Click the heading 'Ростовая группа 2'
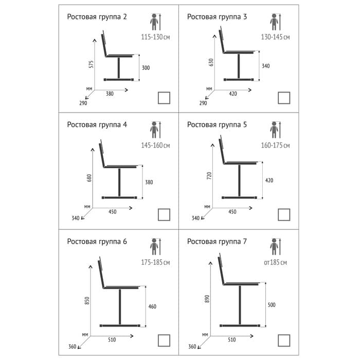(x=97, y=16)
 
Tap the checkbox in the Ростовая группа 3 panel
(x=284, y=98)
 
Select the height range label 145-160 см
(x=155, y=146)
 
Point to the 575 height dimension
(x=91, y=65)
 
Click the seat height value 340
(x=265, y=66)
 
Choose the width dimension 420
(x=232, y=94)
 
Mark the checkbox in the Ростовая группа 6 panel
(x=164, y=340)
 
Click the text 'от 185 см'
(x=275, y=262)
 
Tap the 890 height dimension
(x=207, y=298)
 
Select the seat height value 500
(x=271, y=305)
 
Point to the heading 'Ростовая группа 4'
(x=97, y=124)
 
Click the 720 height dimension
(x=209, y=176)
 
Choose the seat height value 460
(x=152, y=307)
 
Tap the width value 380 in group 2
(x=110, y=94)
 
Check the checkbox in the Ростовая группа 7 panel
(x=284, y=340)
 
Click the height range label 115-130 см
(x=155, y=38)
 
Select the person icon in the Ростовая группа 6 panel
(x=155, y=246)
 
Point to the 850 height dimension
(x=88, y=299)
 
